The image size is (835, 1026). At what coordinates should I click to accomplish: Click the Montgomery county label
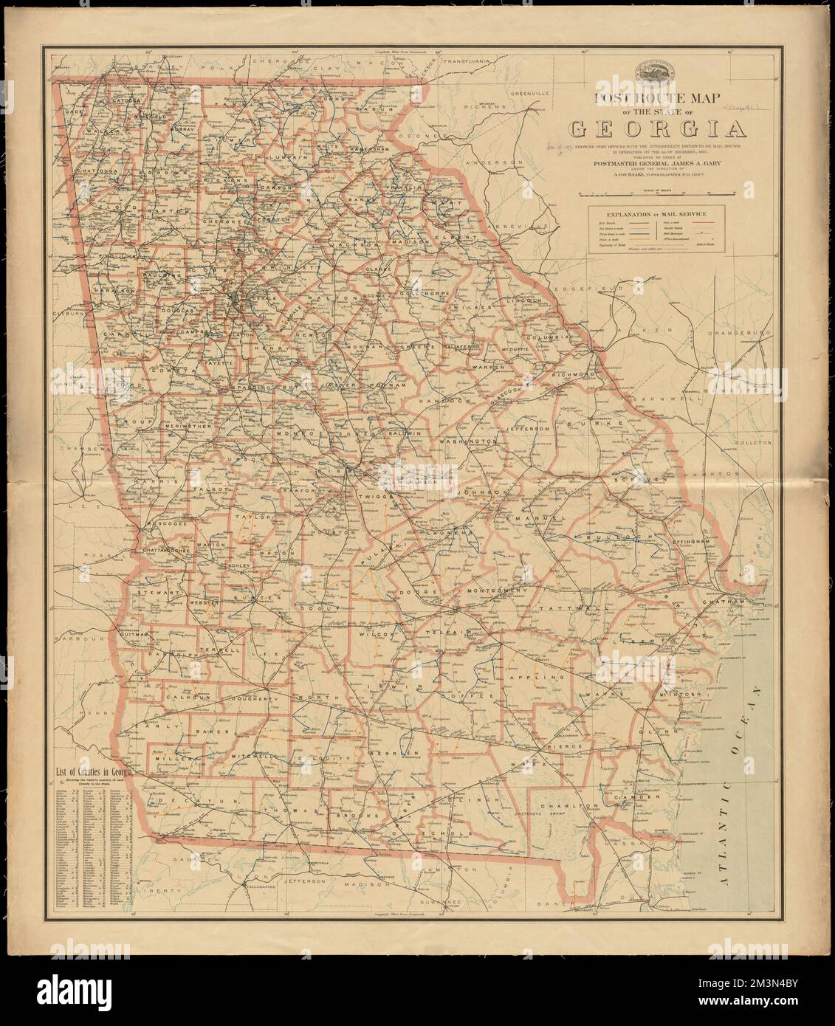(x=496, y=591)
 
